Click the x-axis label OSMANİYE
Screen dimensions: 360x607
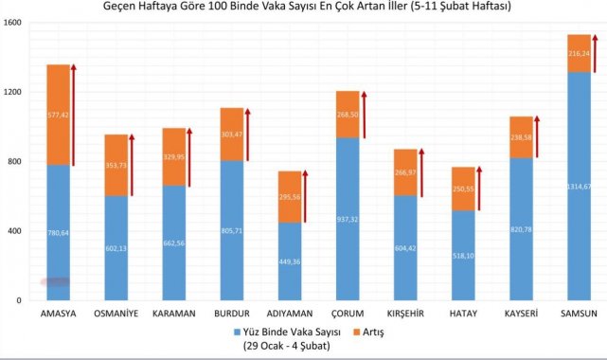116,314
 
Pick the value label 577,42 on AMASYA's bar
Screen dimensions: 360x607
58,115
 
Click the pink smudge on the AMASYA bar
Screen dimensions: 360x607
55,281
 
